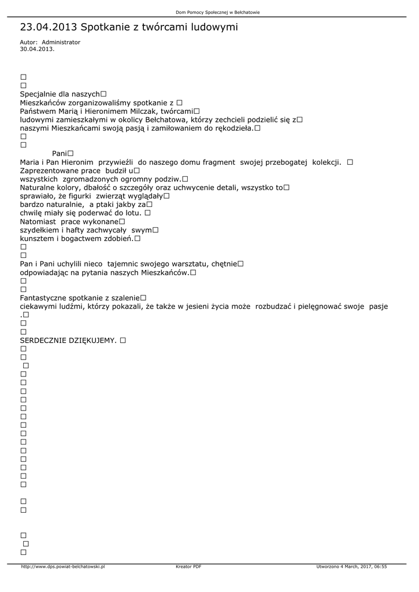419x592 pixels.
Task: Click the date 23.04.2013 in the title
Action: click(49, 27)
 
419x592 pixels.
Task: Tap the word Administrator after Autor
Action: click(61, 42)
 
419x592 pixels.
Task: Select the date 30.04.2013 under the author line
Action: click(37, 49)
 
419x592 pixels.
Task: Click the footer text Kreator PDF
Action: click(188, 567)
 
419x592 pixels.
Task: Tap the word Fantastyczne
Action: click(44, 298)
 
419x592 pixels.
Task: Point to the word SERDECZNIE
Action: click(43, 341)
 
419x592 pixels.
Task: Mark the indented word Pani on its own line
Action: click(60, 153)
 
